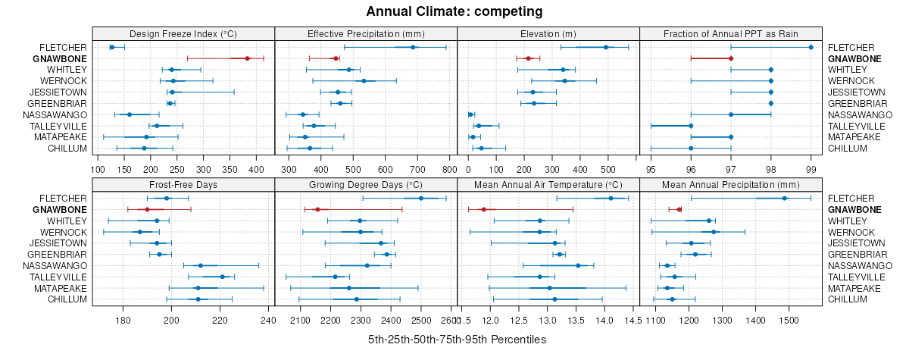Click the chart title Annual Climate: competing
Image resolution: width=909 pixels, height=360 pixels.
[454, 11]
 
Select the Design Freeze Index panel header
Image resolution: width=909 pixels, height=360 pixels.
[183, 33]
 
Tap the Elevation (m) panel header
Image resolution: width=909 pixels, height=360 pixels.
[548, 33]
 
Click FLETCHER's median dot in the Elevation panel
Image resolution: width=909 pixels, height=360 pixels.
[605, 47]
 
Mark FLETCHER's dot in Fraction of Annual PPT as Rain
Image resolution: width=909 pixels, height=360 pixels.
[811, 47]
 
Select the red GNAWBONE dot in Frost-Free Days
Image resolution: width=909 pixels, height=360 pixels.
[147, 209]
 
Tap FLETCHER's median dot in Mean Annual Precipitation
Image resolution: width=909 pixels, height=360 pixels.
[784, 198]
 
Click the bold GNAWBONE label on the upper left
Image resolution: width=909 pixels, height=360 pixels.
[65, 58]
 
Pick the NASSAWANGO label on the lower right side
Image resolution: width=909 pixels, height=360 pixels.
[859, 266]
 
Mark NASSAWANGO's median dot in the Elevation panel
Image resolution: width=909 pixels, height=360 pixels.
[471, 114]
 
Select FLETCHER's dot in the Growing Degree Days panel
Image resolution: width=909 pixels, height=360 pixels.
[421, 198]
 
